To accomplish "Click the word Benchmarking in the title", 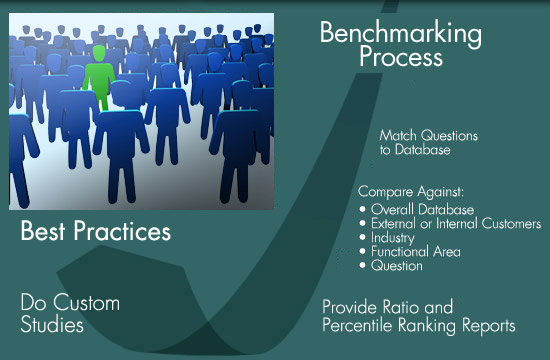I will [400, 33].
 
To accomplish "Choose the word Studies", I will [49, 325].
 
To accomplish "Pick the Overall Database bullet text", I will [422, 209].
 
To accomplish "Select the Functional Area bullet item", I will [416, 252].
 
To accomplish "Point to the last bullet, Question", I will [397, 266].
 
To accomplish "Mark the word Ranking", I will [428, 326].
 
